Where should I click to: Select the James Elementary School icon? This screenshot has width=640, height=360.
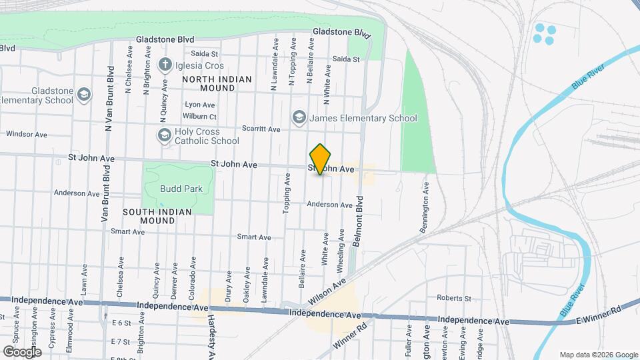(299, 118)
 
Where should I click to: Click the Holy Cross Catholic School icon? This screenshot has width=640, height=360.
(164, 135)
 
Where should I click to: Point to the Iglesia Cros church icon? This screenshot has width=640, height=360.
(165, 65)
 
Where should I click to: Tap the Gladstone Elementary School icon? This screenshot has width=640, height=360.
(83, 95)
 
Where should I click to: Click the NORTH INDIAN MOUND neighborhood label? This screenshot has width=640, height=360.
(217, 83)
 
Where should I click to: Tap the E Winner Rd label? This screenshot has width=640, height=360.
(599, 309)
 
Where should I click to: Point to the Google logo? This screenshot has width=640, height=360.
(22, 351)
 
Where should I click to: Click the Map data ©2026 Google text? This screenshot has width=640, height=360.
(597, 355)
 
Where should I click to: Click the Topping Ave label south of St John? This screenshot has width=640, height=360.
(287, 193)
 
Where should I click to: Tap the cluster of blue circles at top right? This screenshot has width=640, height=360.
(544, 34)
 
